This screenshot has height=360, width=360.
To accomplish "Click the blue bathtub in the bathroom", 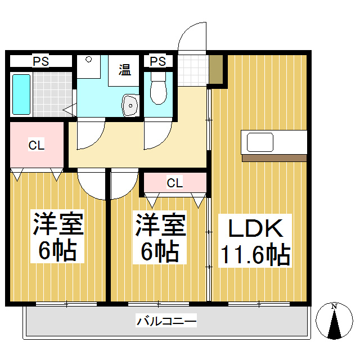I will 21,94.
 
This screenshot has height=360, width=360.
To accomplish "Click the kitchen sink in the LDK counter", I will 260,142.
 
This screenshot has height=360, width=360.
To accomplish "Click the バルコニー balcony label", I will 166,322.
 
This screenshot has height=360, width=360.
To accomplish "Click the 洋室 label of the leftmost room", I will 57,225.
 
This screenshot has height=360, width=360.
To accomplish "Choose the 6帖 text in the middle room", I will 159,251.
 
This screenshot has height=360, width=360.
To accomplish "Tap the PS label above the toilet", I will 158,61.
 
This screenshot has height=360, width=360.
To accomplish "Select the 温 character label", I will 124,70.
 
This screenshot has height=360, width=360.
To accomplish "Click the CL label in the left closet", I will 37,145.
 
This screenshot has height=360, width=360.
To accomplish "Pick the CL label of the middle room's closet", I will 174,182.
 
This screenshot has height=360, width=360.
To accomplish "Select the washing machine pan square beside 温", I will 88,67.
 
